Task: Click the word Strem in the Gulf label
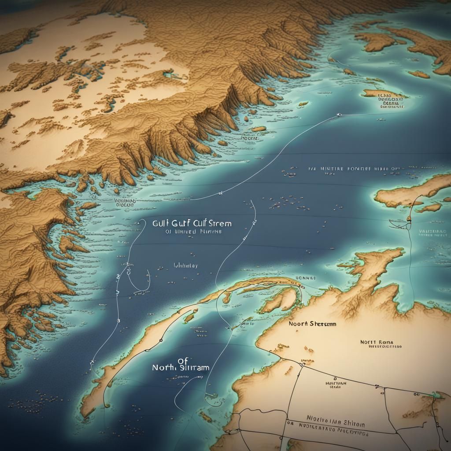(x=219, y=223)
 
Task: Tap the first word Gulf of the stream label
(x=162, y=223)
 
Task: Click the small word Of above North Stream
(x=183, y=360)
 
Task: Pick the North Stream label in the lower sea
(x=181, y=368)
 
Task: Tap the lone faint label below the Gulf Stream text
(x=186, y=266)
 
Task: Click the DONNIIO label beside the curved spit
(x=305, y=278)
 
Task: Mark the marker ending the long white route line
(x=339, y=115)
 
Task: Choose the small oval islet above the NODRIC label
(x=259, y=129)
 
